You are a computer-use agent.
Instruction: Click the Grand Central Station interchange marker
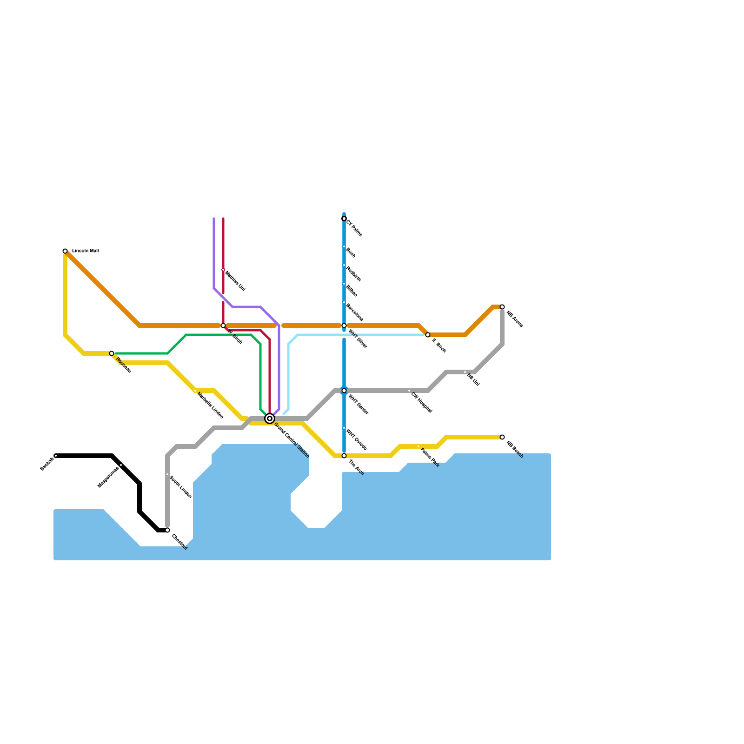point(270,418)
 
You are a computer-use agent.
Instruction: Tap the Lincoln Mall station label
point(85,251)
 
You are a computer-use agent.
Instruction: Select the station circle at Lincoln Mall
point(65,251)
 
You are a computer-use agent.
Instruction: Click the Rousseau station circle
point(112,353)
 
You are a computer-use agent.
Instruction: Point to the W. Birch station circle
point(223,325)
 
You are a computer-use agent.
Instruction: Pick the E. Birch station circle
point(428,335)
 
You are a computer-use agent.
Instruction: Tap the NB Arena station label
point(515,319)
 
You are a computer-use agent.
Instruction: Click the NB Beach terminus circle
point(502,437)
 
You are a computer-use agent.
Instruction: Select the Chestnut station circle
point(167,530)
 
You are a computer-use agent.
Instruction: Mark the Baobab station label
point(47,464)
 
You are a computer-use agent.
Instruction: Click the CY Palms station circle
point(344,219)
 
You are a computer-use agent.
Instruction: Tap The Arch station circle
point(344,456)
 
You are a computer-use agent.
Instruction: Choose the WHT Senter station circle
point(344,391)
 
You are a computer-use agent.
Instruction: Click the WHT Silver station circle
point(344,325)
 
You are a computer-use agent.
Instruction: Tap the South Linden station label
point(180,487)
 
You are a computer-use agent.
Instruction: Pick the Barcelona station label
point(354,312)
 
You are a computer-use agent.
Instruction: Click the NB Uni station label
point(473,380)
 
